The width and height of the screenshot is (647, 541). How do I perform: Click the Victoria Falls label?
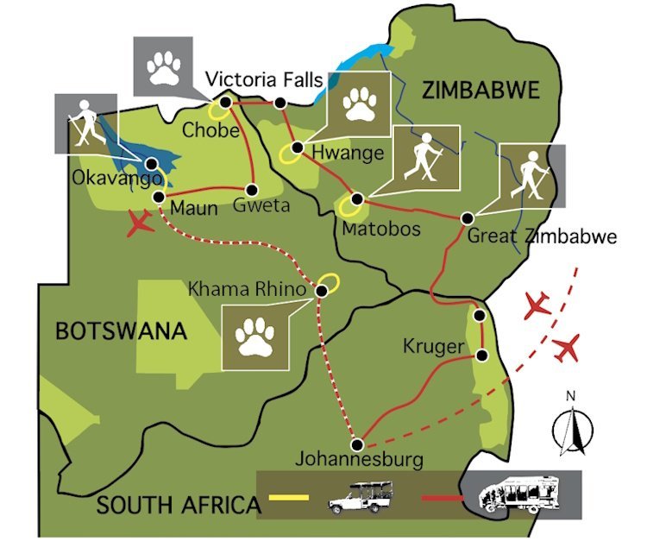point(264,81)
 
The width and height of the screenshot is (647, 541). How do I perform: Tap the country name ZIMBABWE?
point(479,89)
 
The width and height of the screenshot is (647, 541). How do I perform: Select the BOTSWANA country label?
point(121,330)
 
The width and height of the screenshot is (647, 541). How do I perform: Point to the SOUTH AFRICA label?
point(177,505)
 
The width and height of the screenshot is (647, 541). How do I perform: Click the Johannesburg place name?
point(359,459)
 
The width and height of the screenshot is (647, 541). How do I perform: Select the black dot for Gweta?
point(253,189)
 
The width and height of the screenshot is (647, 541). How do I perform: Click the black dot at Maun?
point(159,198)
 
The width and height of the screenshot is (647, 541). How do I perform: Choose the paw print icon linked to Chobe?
point(162,66)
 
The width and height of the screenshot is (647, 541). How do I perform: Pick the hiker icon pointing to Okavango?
point(85,124)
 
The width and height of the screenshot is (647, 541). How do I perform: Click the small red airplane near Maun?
point(141,224)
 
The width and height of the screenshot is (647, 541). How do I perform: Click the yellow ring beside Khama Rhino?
point(328,282)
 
